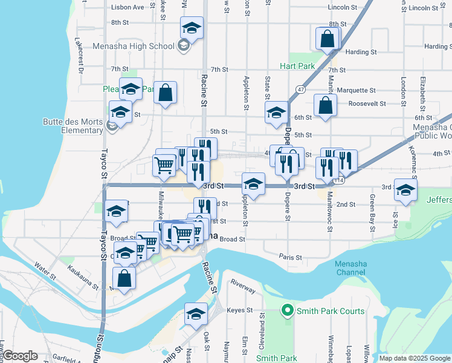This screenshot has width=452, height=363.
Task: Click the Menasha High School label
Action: pos(134,46)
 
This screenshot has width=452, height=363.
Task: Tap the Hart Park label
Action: pos(297,65)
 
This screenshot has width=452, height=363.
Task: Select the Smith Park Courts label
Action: pos(330,311)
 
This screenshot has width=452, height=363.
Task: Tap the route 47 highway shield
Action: pos(300,89)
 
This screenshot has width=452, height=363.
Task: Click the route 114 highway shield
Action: pos(339,180)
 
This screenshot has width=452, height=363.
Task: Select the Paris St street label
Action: pos(291,257)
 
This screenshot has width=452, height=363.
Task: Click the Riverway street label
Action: pos(243,287)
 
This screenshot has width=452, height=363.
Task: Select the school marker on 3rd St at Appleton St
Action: pos(253,183)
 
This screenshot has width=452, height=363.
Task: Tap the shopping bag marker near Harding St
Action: pos(327,39)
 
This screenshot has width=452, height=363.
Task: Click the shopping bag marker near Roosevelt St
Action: pos(325,105)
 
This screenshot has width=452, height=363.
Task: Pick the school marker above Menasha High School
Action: pos(192,28)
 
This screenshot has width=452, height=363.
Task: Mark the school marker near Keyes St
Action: pos(196,313)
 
